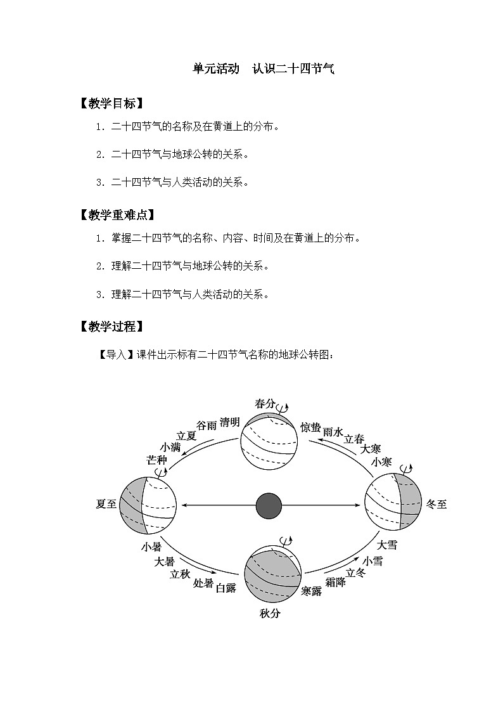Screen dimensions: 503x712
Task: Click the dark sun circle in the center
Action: (x=269, y=505)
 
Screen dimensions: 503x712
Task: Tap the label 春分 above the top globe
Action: (x=265, y=404)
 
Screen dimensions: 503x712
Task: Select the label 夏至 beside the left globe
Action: (x=106, y=504)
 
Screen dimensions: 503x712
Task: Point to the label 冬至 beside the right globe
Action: (x=436, y=505)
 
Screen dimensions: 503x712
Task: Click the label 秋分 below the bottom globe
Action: (x=270, y=613)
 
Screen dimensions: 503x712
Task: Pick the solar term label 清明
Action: (x=229, y=422)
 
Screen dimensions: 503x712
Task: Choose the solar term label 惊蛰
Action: (x=310, y=427)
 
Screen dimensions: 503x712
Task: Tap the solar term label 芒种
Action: (x=156, y=460)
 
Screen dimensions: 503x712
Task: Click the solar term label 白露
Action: (x=226, y=588)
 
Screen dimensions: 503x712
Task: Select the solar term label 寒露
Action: (x=312, y=591)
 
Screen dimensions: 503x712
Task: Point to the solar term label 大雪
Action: (x=387, y=545)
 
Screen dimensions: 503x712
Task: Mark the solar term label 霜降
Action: (x=335, y=582)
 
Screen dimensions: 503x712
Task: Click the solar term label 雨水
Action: (x=333, y=432)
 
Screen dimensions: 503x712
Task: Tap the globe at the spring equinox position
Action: (x=269, y=441)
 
